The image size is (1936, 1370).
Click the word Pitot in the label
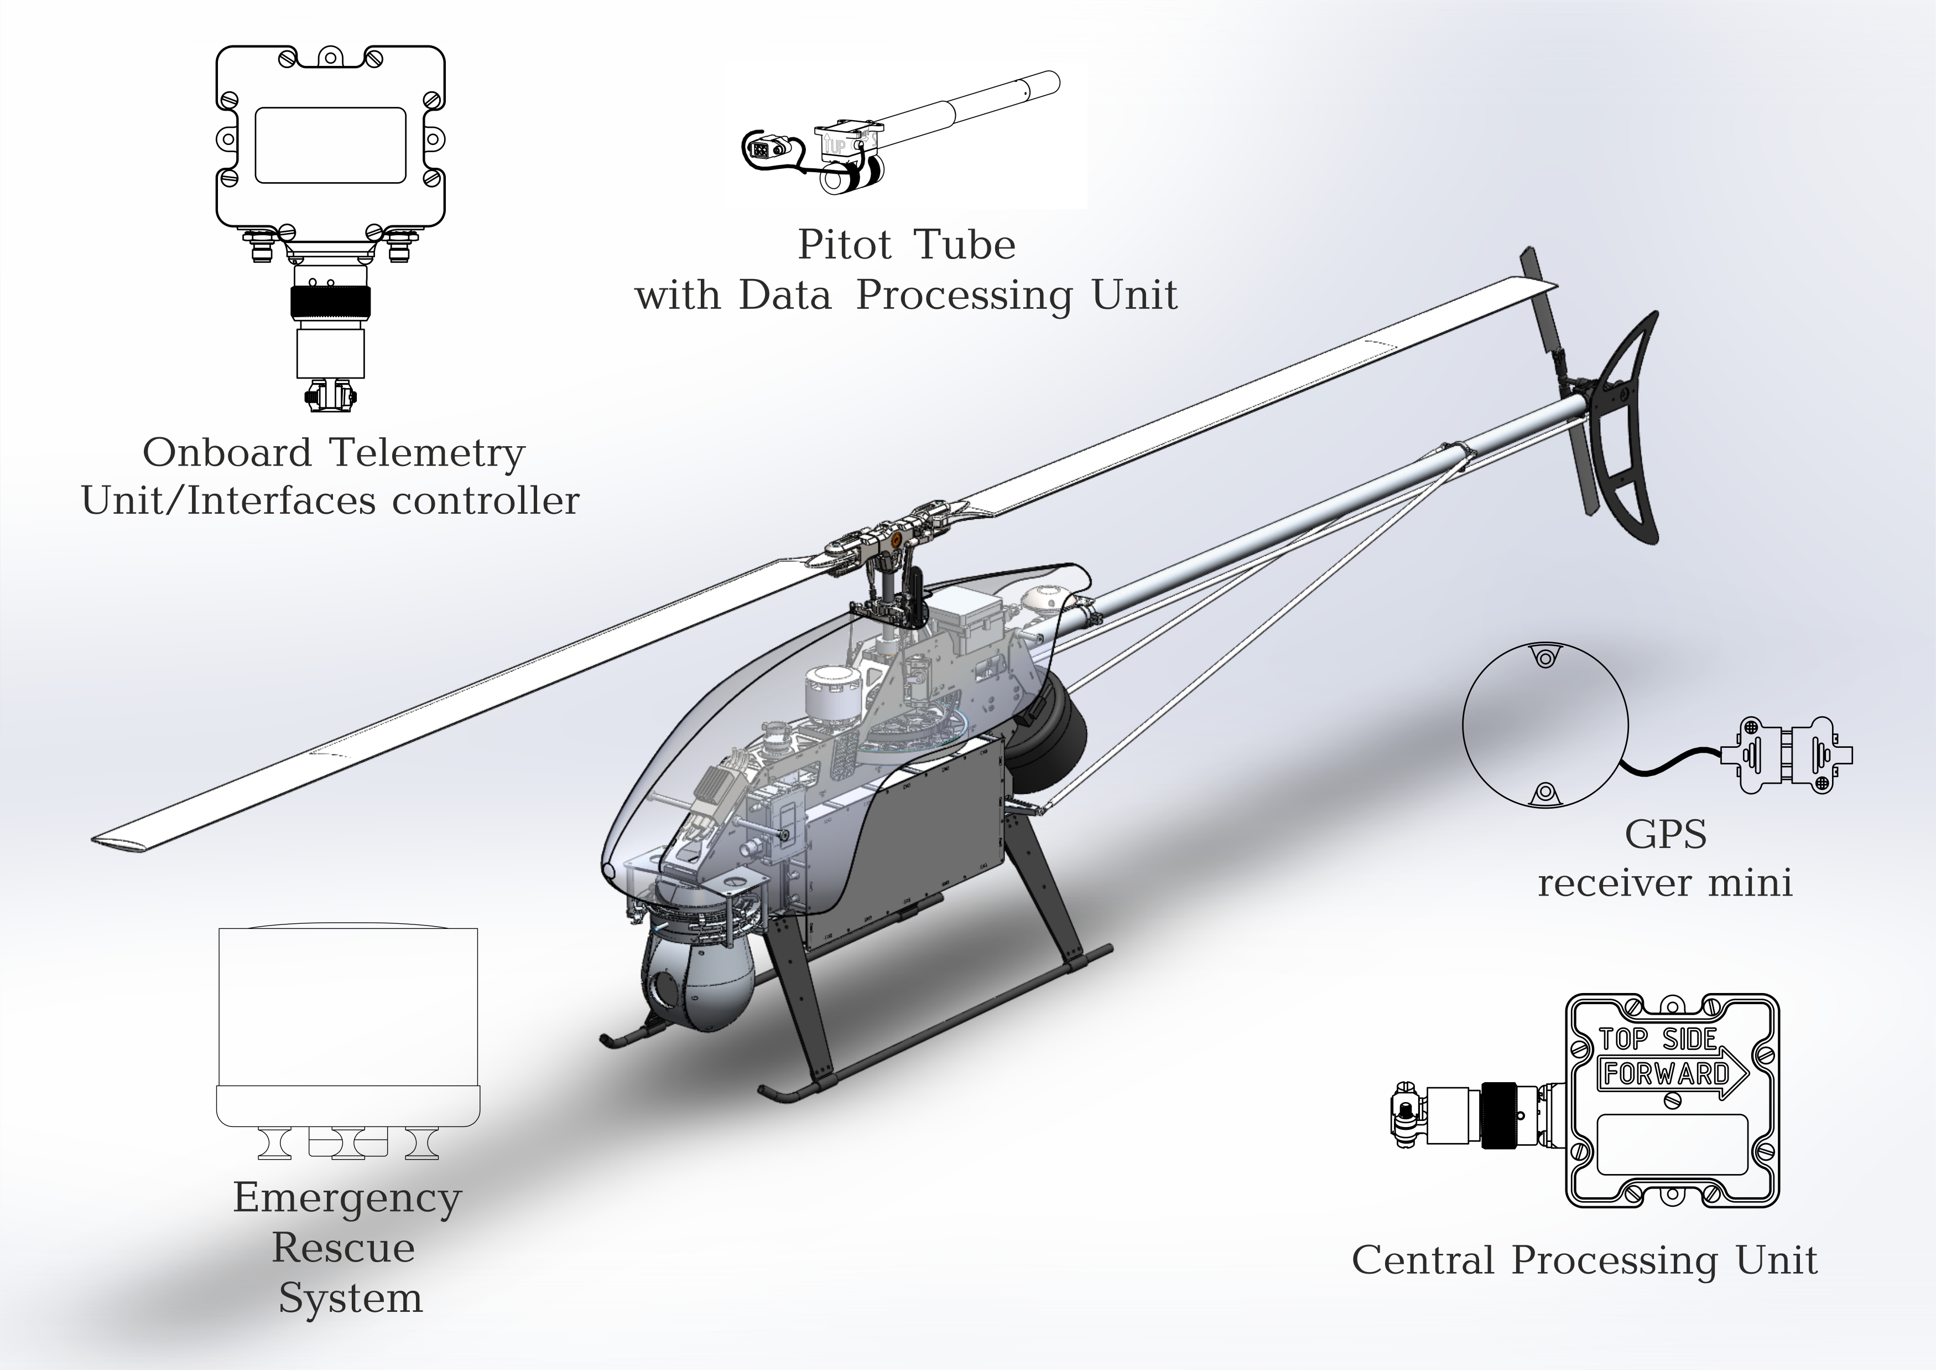point(844,245)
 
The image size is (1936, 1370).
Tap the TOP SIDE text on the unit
point(1658,1040)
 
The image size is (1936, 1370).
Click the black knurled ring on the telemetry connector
point(331,301)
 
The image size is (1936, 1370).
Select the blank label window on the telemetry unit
point(331,145)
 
